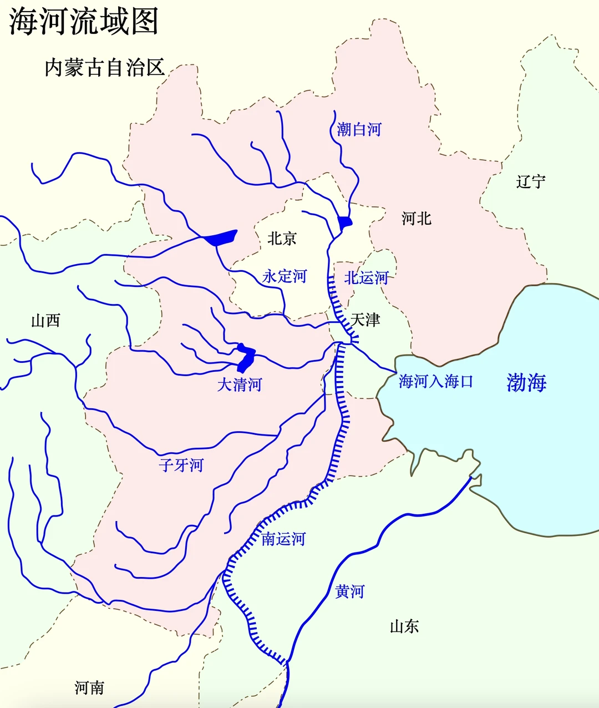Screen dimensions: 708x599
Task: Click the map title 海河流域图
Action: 84,22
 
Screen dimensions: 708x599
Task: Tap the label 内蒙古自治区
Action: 105,68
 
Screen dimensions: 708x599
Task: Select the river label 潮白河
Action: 359,130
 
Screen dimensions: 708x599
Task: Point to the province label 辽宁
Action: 531,181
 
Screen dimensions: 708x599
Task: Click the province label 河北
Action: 417,219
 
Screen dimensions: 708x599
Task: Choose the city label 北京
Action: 282,239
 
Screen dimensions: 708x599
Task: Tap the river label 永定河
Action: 284,276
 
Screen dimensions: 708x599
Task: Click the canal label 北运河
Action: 366,278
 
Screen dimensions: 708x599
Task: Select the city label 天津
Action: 366,320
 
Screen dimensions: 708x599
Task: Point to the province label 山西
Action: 45,321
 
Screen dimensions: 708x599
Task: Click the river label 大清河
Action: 239,385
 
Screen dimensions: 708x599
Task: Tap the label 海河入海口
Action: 436,382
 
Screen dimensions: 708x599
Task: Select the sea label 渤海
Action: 526,382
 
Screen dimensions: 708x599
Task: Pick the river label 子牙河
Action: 181,465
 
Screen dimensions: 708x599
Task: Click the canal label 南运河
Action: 283,539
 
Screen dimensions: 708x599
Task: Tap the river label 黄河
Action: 350,591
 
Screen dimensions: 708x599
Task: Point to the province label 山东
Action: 404,627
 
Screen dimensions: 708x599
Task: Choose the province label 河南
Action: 89,688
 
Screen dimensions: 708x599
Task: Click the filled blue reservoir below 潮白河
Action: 344,222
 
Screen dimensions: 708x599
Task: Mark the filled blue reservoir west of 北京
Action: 222,238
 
